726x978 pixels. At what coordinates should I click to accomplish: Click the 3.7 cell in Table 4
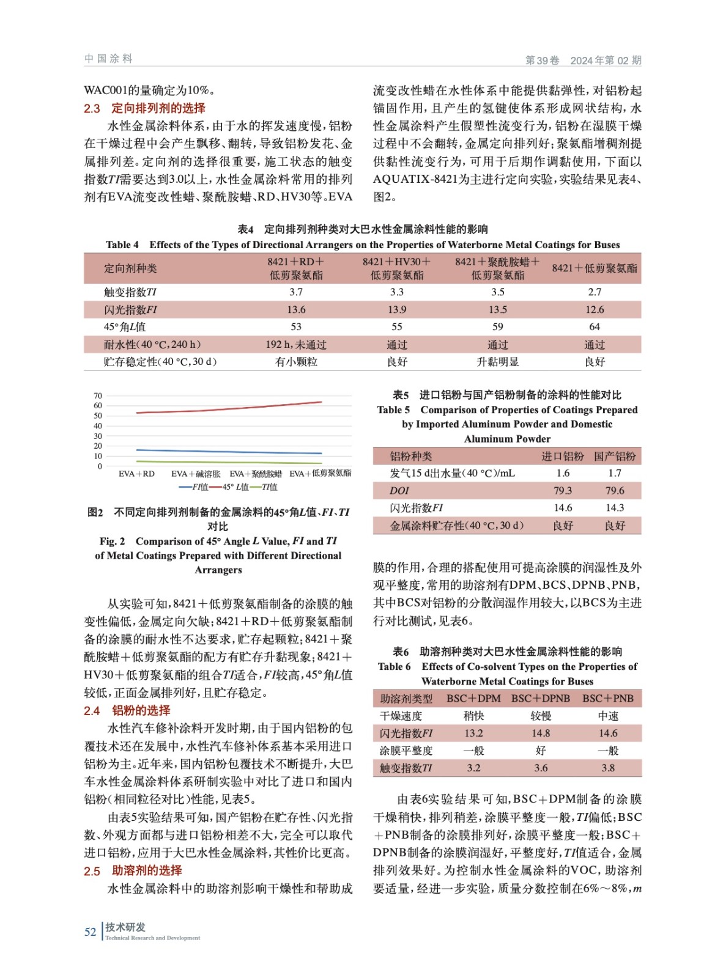(296, 292)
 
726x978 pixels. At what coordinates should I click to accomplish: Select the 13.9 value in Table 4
(397, 310)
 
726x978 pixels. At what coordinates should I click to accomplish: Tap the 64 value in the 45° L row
(595, 327)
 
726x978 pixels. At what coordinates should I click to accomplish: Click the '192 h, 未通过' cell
(296, 345)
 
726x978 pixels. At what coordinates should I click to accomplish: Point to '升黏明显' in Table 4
(497, 362)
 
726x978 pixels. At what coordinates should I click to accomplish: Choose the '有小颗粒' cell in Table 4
(296, 362)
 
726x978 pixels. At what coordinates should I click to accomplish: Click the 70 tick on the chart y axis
(98, 396)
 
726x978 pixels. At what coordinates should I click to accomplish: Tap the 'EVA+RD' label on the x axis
(136, 474)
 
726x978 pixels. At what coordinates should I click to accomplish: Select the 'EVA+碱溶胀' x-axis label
(196, 474)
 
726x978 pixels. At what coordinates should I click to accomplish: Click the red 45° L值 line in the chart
(232, 408)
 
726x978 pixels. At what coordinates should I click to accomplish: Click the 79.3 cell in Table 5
(563, 491)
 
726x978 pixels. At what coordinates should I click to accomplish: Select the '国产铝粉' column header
(615, 456)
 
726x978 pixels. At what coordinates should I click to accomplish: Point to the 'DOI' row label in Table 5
(399, 491)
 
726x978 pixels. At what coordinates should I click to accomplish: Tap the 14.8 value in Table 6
(541, 733)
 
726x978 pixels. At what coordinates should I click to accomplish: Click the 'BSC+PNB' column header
(607, 698)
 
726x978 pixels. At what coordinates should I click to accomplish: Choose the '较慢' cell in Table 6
(541, 716)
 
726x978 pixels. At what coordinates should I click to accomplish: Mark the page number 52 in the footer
(91, 932)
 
